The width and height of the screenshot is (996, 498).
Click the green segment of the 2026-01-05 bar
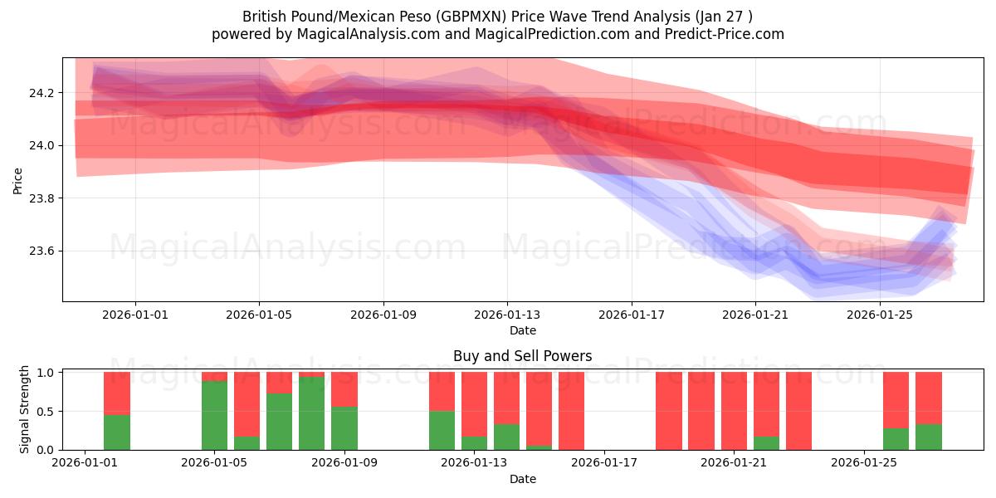(x=215, y=415)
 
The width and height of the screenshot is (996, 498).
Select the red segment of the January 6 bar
(x=247, y=403)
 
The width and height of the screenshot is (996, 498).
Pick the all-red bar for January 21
(x=735, y=411)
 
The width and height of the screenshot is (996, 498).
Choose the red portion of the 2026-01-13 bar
(x=474, y=403)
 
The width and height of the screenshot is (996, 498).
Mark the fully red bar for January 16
(x=572, y=411)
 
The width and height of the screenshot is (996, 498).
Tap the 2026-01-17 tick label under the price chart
(x=632, y=315)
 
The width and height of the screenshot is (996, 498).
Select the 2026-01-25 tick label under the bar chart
(x=865, y=463)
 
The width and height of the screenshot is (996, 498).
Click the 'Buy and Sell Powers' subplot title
(x=523, y=356)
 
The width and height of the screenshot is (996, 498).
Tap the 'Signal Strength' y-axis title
(x=25, y=409)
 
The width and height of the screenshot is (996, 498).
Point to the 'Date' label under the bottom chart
(x=523, y=479)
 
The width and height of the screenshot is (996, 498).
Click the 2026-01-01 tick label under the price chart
(x=135, y=315)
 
